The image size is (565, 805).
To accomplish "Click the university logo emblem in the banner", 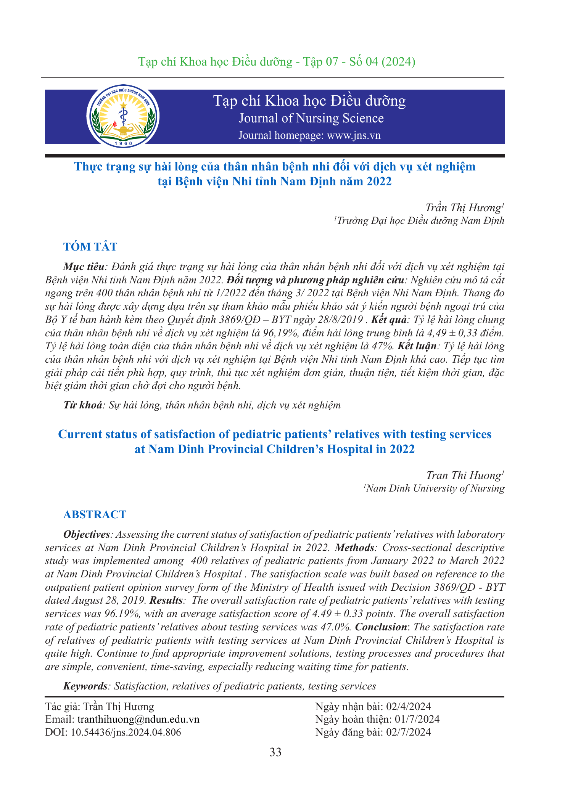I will [x=123, y=116].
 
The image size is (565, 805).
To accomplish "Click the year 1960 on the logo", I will [x=123, y=143].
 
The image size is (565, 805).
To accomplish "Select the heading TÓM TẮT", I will [x=90, y=247].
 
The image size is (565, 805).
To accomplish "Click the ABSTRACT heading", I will [x=95, y=514].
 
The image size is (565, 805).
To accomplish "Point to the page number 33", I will [x=275, y=752].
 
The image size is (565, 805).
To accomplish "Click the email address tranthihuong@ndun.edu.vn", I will [x=138, y=719].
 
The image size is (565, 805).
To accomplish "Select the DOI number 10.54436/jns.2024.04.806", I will [x=126, y=732].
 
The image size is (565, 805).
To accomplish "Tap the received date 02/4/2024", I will [x=409, y=706].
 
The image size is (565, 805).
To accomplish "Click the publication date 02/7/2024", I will [x=409, y=732].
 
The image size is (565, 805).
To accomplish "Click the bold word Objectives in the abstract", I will [x=87, y=535].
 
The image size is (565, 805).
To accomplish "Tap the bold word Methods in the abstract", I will [x=354, y=548].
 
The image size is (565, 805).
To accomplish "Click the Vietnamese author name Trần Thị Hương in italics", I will [x=463, y=208].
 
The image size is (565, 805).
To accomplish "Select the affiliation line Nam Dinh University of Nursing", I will [x=435, y=488].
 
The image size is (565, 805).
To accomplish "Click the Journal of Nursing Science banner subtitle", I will [x=311, y=118].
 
